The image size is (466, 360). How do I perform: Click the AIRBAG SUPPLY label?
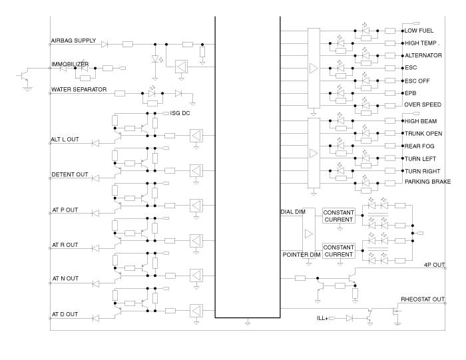pos(73,41)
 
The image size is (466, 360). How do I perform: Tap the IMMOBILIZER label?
pos(70,64)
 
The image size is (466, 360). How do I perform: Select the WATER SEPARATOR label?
pos(79,89)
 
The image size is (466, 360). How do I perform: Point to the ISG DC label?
pos(180,113)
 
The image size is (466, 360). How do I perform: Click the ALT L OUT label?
pos(65,139)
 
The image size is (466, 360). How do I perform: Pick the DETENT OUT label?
pos(70,174)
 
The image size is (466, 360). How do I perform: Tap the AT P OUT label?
pos(65,210)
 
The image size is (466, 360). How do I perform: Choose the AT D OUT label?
pos(65,314)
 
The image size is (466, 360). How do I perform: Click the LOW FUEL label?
pos(419,31)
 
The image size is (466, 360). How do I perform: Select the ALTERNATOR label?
pos(423,55)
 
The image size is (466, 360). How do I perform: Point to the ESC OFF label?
pos(417,81)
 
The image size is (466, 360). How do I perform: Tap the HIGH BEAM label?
pos(421,121)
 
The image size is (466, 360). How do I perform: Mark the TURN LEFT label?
pos(420,159)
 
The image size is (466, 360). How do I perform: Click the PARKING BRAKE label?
pos(427,182)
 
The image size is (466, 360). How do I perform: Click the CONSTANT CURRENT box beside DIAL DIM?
pos(338,216)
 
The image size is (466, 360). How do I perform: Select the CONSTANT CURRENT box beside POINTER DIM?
pos(338,251)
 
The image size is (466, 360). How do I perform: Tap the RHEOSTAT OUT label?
pos(423,299)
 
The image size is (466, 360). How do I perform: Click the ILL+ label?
pos(322,318)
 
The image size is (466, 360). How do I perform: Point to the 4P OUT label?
pos(434,265)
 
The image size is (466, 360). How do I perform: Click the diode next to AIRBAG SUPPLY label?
pos(105,45)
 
